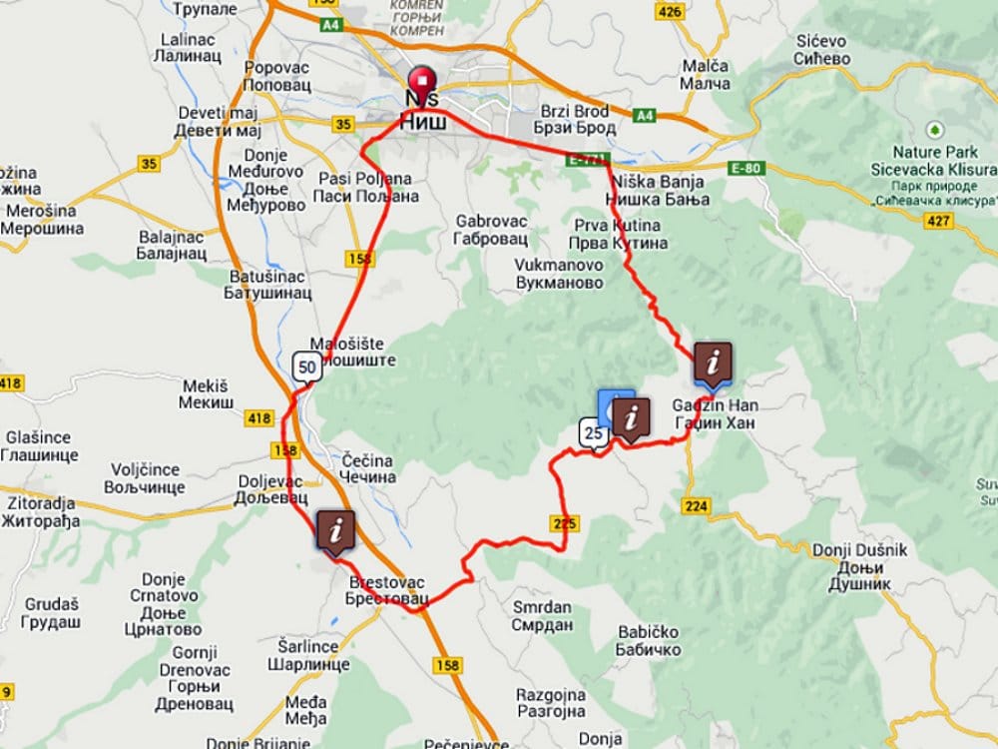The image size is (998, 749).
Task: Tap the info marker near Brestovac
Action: point(336,531)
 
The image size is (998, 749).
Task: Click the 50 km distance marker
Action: point(307,367)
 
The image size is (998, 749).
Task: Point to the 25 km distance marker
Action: point(594,433)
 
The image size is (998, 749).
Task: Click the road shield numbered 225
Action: point(563,521)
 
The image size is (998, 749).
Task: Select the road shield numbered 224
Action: point(697,506)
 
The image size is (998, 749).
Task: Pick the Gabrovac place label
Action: point(490,229)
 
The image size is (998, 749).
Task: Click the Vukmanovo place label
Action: point(559,274)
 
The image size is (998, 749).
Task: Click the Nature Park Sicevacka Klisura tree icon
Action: point(934,131)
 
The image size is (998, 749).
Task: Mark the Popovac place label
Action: point(277,76)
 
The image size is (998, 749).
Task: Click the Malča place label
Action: point(706,74)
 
